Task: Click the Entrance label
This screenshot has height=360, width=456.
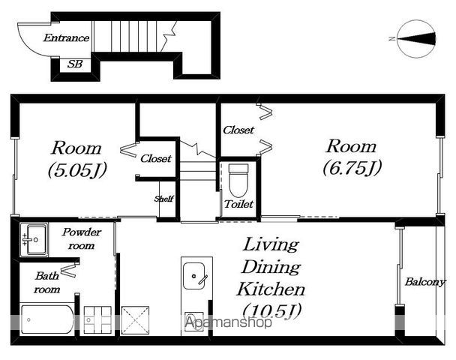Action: point(66,37)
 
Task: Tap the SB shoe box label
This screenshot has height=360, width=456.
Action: point(75,64)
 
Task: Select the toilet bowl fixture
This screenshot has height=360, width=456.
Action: point(238,180)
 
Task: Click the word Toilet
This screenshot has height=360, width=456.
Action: point(238,204)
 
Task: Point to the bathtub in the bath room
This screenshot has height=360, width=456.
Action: point(47,319)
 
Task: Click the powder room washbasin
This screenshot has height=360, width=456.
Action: point(34,239)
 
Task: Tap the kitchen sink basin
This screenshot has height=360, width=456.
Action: point(193,276)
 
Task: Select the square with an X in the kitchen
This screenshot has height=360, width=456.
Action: point(135,320)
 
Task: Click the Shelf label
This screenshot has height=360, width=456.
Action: point(163,199)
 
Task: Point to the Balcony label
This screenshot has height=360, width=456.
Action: point(425,281)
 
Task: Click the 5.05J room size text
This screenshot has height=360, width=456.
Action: point(77,169)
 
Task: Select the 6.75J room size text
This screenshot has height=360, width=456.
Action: point(352,168)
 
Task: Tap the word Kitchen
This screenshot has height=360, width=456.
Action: point(271,289)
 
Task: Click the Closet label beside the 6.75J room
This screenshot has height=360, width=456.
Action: point(238,130)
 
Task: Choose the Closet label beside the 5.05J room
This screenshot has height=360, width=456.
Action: point(156,158)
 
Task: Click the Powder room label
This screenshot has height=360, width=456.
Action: point(82,238)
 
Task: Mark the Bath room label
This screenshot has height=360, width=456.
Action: point(46,282)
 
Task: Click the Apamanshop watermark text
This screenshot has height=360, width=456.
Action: point(229,322)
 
